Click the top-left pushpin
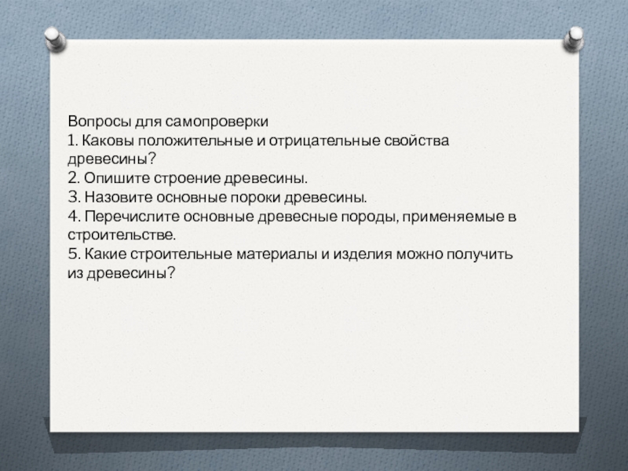click(x=55, y=38)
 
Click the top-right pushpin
click(x=573, y=38)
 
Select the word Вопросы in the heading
click(x=100, y=122)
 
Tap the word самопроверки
click(x=217, y=122)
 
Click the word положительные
click(x=196, y=141)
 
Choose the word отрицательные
click(x=324, y=141)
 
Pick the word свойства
click(x=417, y=141)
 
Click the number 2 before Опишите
click(x=72, y=178)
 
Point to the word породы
click(x=371, y=217)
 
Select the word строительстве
click(x=122, y=235)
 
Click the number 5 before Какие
click(x=72, y=254)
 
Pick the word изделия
click(x=363, y=254)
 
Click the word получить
click(x=479, y=254)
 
